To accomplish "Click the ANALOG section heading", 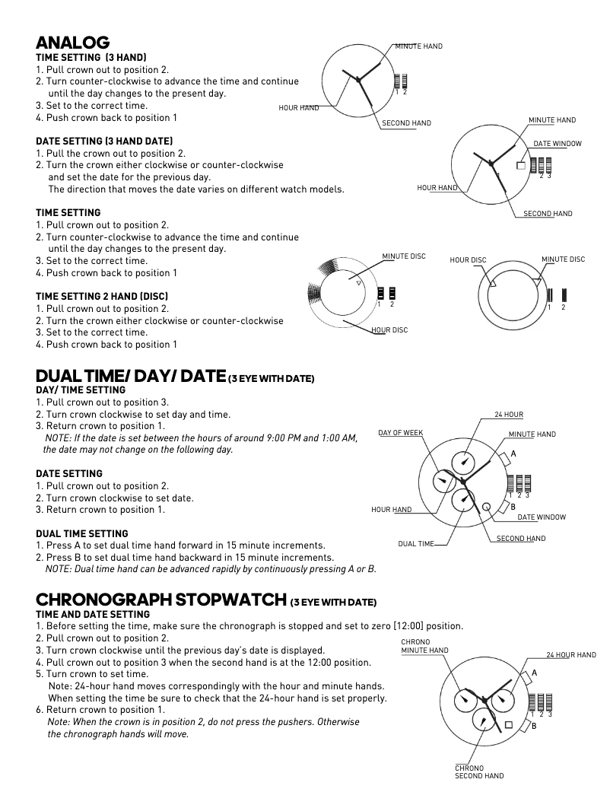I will [73, 43].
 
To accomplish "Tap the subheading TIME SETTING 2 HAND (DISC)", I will [102, 296].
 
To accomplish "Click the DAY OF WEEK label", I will [400, 433].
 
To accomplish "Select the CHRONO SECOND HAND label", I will [479, 772].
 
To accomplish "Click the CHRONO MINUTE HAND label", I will [424, 646].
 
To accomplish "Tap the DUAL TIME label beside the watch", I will [416, 544].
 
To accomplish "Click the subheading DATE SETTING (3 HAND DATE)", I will [104, 141].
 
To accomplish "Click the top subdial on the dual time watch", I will [463, 461].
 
